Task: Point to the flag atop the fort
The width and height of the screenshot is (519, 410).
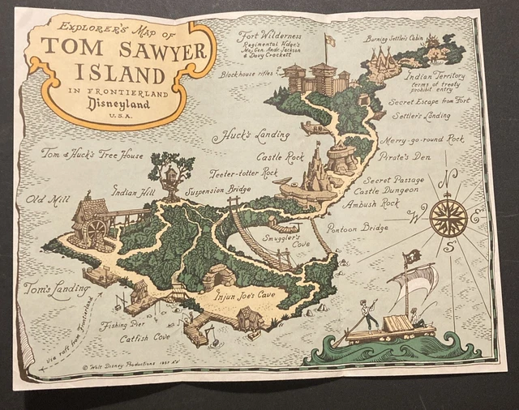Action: click(x=329, y=40)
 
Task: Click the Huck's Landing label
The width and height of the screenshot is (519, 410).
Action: click(x=241, y=137)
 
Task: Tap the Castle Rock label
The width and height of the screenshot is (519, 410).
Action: click(x=280, y=156)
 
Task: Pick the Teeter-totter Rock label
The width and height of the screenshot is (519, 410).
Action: click(x=243, y=173)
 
